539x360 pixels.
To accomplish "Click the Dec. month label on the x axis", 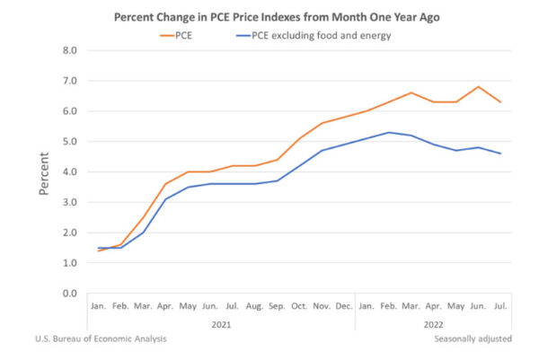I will click(343, 307).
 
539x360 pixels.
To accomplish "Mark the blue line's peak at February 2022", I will click(388, 133).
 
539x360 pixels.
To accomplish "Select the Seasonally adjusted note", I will click(473, 338).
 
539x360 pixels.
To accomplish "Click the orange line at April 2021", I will click(165, 184).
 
